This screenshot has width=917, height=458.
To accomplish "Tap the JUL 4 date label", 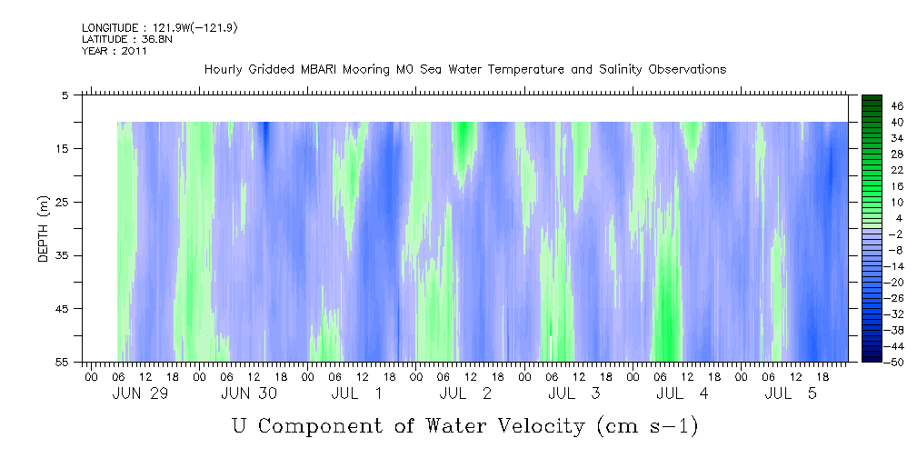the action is [x=682, y=393].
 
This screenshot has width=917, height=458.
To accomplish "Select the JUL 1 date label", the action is [x=357, y=393].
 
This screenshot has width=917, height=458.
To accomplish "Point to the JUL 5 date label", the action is [x=791, y=393].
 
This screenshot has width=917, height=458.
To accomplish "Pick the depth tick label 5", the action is [x=65, y=95].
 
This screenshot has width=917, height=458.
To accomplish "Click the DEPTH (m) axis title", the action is [x=44, y=229].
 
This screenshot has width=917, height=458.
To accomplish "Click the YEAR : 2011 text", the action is [x=114, y=51].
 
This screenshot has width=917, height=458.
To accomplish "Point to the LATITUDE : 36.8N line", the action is [x=127, y=39].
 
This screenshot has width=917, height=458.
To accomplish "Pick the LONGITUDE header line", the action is [x=160, y=27].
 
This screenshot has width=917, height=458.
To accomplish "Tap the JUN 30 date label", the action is [x=248, y=393].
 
